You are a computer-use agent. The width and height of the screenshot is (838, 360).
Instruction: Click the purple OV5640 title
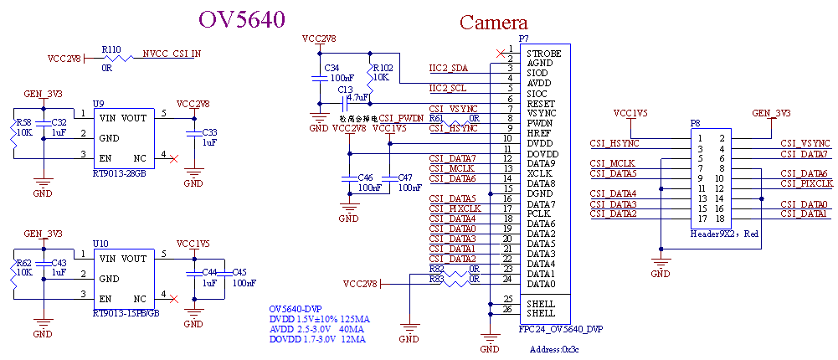point(242,19)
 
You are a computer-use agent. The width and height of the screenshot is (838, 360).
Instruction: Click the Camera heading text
point(494,23)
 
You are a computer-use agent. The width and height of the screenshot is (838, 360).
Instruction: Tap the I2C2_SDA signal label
point(448,68)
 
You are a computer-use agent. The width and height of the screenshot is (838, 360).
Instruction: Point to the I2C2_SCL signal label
point(448,88)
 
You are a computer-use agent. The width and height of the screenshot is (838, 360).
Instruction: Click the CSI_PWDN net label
point(402,118)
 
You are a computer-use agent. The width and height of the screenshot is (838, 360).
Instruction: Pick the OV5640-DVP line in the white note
point(296,309)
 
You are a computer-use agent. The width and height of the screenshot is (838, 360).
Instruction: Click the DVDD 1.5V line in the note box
point(319,319)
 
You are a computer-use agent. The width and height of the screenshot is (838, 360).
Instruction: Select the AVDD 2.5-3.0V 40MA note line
point(319,329)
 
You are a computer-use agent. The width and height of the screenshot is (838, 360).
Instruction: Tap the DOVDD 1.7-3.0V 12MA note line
point(317,340)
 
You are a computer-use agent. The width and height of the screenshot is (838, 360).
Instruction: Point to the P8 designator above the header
point(695,124)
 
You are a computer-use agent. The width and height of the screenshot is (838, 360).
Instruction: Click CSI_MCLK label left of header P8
point(614,163)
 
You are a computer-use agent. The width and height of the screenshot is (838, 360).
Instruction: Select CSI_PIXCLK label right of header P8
point(806,183)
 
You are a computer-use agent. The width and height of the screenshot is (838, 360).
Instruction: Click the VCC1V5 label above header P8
point(630,113)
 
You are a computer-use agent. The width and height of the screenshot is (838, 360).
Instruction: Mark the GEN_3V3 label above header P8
point(771,113)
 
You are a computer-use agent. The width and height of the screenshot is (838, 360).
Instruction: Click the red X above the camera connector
point(501,54)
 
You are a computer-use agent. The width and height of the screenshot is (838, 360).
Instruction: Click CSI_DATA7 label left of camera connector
point(452,158)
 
